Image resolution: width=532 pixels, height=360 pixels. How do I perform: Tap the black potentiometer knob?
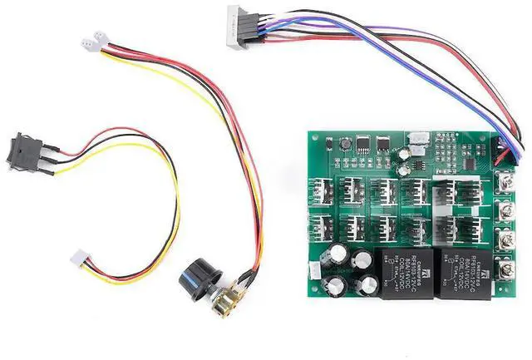(x=197, y=278)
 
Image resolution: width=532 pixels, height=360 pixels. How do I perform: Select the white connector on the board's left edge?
(x=314, y=271)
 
